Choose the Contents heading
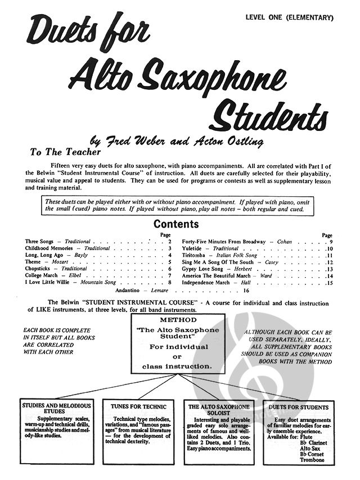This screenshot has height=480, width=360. click(176, 224)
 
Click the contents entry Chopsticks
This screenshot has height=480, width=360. click(39, 269)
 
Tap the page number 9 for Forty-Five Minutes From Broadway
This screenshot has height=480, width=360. click(331, 241)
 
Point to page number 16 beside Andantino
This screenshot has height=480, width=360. click(246, 291)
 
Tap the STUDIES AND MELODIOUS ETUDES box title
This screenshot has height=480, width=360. click(56, 409)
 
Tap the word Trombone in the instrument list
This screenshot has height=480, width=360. click(313, 460)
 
